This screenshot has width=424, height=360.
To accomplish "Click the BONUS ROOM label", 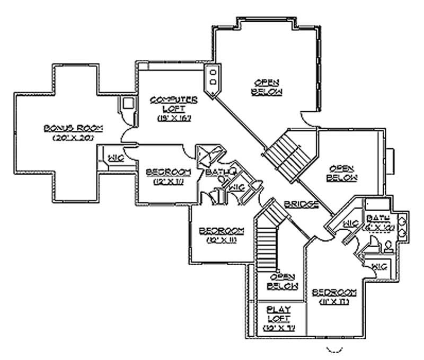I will click(73, 128).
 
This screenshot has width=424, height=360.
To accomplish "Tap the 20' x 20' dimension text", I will click(73, 138).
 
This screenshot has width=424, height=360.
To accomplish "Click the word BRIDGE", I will click(301, 204).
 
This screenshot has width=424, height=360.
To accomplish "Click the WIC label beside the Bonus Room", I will click(116, 157).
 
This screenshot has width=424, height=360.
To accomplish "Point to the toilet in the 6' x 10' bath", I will click(387, 247).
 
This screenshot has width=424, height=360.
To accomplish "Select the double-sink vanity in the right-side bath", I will click(403, 225).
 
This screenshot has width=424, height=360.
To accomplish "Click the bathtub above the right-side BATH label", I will click(377, 205).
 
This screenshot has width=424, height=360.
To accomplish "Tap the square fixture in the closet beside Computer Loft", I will click(128, 104).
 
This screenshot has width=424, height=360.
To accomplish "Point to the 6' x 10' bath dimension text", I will click(377, 227).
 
